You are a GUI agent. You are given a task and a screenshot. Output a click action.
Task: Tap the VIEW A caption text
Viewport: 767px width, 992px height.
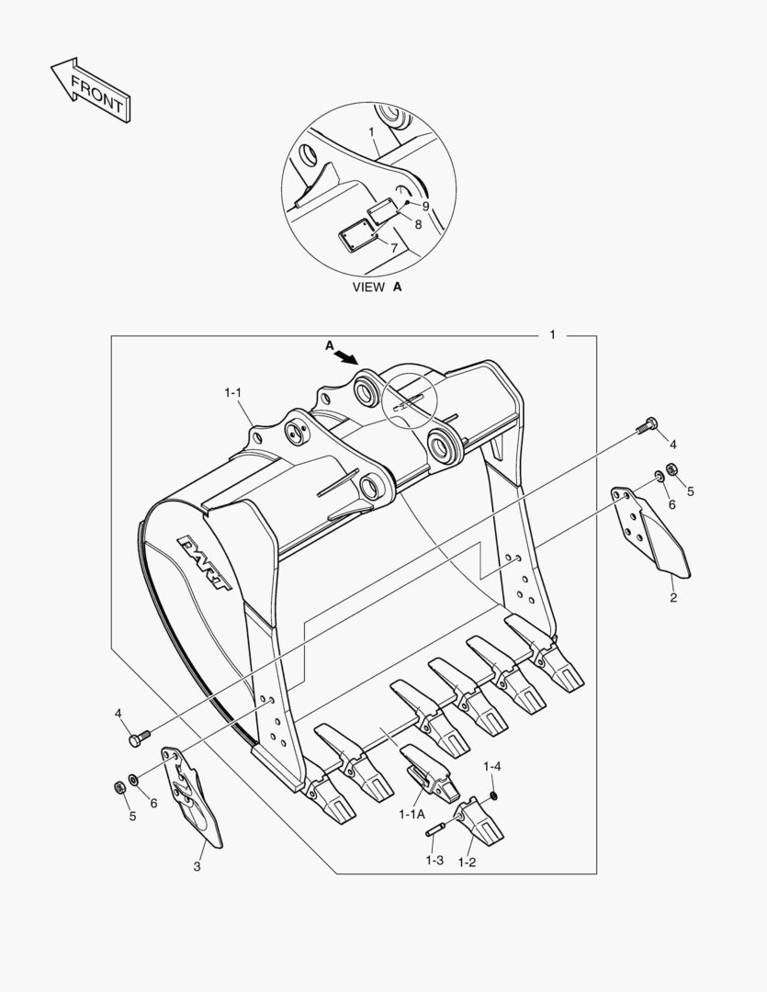click(x=378, y=287)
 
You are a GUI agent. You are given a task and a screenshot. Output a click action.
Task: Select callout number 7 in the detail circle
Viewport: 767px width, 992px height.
click(x=394, y=248)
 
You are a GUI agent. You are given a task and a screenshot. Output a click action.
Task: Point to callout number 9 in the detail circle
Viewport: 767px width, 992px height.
click(x=425, y=206)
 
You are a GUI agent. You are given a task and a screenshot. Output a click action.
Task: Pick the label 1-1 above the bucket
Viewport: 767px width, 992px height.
click(x=232, y=392)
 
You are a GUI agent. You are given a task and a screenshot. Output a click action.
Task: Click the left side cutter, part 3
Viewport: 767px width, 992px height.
click(x=193, y=795)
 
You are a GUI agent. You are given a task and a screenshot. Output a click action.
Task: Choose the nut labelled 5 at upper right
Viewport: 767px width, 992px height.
click(x=672, y=470)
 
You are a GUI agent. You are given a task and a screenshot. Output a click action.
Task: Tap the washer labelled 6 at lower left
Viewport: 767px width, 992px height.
click(x=134, y=780)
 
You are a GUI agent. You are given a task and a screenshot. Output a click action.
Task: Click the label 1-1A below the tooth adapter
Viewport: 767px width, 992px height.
click(x=412, y=814)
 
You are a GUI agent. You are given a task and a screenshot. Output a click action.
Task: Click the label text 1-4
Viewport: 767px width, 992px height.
click(x=492, y=766)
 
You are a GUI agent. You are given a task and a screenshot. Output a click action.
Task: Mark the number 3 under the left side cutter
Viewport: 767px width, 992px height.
click(x=197, y=866)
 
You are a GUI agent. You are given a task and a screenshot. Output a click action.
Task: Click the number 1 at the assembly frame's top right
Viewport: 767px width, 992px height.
click(x=552, y=334)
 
